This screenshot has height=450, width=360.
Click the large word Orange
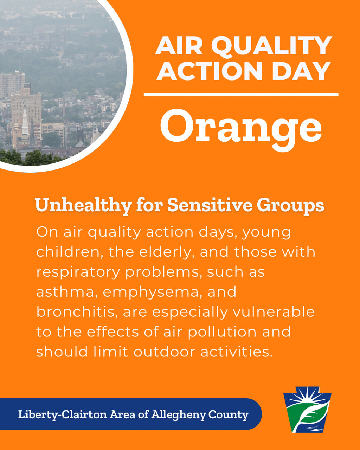click(241, 126)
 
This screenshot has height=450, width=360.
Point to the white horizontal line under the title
click(241, 95)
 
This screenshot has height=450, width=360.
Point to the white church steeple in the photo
click(25, 123)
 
